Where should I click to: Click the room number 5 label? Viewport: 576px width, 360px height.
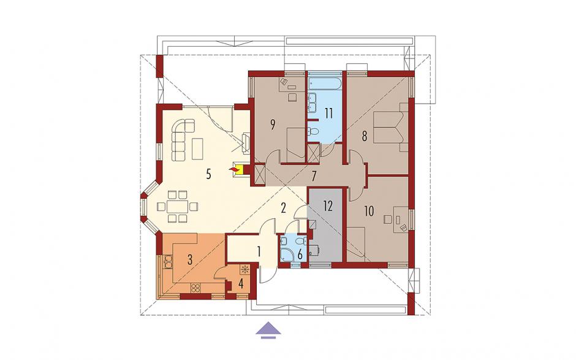[x=209, y=174]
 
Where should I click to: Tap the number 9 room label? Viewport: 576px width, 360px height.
[x=273, y=125]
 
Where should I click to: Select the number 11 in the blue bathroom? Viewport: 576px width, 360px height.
[x=328, y=113]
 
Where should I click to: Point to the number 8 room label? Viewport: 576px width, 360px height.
[x=365, y=136]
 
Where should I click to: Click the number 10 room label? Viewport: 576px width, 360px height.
[x=369, y=211]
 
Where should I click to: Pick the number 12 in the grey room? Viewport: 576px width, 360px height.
[x=328, y=206]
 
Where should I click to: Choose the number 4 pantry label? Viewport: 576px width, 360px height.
[x=241, y=284]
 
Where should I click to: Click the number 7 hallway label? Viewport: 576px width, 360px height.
[x=313, y=177]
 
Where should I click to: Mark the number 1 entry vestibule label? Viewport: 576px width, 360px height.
[x=259, y=252]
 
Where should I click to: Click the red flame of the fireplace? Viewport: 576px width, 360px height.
[x=233, y=169]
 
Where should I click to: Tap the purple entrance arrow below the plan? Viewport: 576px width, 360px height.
[x=268, y=329]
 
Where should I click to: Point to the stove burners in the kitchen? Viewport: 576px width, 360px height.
[x=195, y=288]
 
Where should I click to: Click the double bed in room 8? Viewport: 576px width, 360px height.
[x=388, y=128]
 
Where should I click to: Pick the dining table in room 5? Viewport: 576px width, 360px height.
[x=178, y=207]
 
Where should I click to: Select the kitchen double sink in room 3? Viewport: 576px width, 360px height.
[x=168, y=262]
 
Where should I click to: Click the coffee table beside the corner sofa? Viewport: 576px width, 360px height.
[x=197, y=148]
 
